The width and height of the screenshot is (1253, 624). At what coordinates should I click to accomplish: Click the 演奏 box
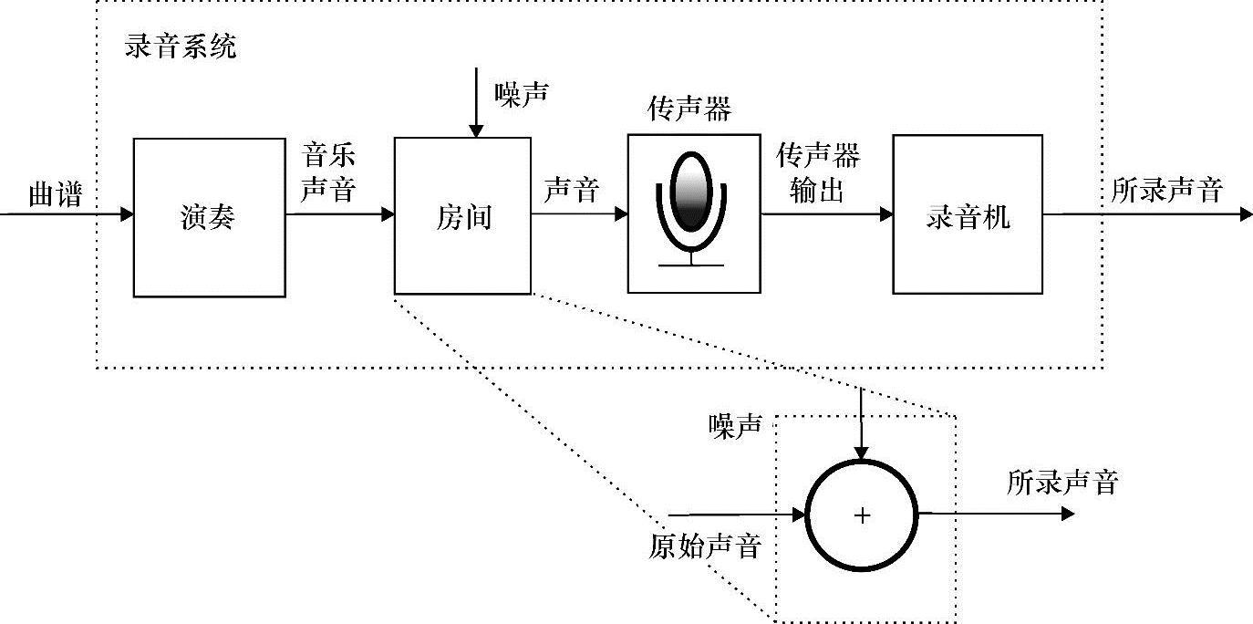coord(209,217)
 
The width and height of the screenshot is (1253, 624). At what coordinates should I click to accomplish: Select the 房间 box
coord(461,216)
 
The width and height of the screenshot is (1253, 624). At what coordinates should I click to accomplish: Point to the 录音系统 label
coord(180,47)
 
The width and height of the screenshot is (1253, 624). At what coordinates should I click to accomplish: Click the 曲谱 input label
coord(55,194)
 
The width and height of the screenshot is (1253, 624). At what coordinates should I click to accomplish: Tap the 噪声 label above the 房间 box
coord(522,92)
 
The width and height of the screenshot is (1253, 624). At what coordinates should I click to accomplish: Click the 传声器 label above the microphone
coord(689,110)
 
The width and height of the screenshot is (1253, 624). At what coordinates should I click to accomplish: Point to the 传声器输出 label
coord(817,173)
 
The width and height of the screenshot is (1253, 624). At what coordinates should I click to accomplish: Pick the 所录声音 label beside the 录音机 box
coord(1167,191)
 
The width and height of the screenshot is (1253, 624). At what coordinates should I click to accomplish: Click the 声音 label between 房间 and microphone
coord(572,191)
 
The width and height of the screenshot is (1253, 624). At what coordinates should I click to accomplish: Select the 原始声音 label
coord(704,546)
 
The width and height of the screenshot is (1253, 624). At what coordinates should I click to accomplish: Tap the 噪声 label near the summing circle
coord(736,426)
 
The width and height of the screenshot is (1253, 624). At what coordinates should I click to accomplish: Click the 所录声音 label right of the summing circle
coord(1062,482)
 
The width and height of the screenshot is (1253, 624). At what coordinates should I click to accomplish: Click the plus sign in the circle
coord(862,515)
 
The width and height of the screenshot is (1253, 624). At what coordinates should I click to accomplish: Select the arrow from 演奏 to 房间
coord(340,214)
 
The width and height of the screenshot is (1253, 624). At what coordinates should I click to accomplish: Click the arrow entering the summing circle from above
coord(862,425)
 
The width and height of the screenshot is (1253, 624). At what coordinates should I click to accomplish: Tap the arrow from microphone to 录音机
coord(826,214)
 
